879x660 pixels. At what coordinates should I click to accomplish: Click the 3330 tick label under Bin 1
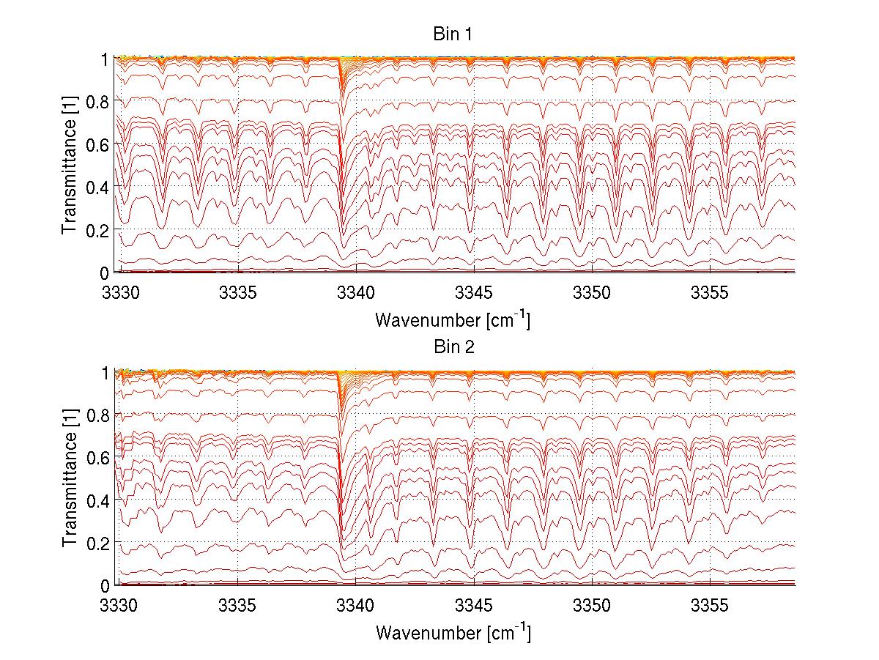119,293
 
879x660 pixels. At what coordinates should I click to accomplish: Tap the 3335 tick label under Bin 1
237,293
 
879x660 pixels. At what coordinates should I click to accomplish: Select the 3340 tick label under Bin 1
355,293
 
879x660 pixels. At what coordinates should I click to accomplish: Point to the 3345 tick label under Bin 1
474,293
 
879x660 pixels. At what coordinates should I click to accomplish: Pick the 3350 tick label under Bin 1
592,293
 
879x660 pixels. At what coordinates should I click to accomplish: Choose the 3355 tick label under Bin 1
710,293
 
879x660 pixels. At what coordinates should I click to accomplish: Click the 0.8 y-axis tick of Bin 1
97,102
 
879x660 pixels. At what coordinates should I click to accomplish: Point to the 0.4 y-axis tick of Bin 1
97,187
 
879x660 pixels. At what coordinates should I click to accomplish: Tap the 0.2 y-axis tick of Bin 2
97,543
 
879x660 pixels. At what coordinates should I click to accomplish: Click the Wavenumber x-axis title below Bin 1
453,319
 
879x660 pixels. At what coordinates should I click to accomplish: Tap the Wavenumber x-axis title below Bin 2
453,632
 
